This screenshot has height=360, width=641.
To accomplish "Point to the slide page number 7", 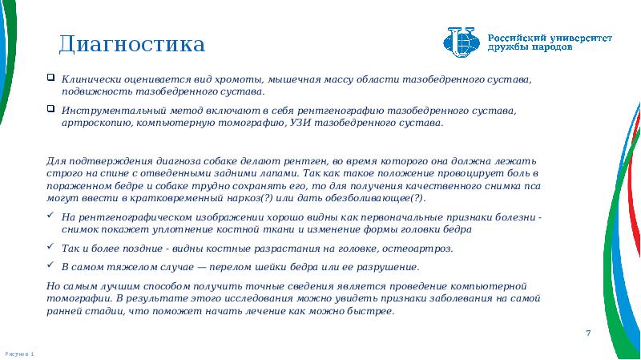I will pyautogui.click(x=588, y=333).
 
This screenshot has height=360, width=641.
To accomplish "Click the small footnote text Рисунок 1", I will pyautogui.click(x=18, y=353).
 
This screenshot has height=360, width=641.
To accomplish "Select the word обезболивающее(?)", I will pyautogui.click(x=368, y=197).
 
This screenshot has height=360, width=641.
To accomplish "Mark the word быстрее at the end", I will pyautogui.click(x=373, y=310).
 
